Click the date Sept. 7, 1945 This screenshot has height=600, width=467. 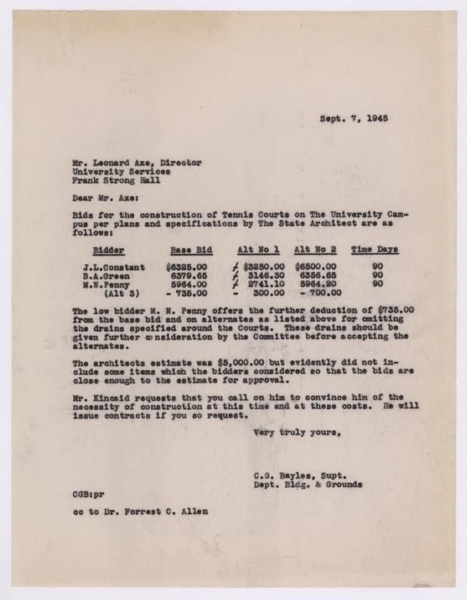(x=355, y=120)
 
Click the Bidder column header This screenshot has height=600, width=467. (x=108, y=250)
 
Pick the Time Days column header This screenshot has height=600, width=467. (x=374, y=250)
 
